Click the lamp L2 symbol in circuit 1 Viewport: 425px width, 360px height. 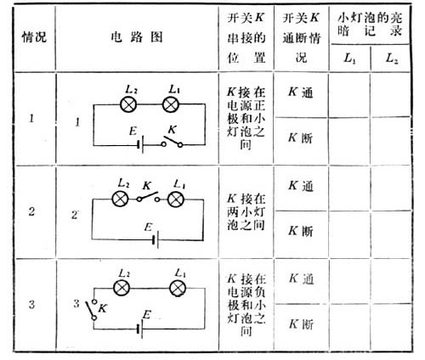coord(128,104)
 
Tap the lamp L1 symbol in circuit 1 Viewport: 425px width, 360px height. coord(171,104)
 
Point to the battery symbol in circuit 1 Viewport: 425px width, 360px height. coord(140,145)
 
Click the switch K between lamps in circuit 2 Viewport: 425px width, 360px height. coord(148,197)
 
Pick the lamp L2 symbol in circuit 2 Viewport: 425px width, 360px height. coord(121,200)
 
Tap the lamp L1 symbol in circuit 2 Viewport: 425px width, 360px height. coord(176,200)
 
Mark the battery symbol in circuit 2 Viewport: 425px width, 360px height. coord(156,240)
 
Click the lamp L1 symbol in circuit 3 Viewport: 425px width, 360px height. coord(178,289)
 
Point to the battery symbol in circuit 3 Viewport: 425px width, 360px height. coord(139,329)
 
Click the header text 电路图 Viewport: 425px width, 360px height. coord(137,37)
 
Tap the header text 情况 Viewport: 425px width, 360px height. coord(34,37)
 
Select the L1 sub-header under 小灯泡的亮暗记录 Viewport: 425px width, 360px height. coord(349,59)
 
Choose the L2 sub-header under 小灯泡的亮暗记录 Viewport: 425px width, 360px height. coord(392,59)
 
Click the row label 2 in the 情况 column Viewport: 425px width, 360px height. coord(31,211)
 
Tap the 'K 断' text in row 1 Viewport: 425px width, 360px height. coord(301,138)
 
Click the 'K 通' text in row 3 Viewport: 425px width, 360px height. coord(301,278)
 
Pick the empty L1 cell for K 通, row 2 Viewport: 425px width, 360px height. coord(349,188)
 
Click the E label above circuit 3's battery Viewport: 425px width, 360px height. coord(147,315)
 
